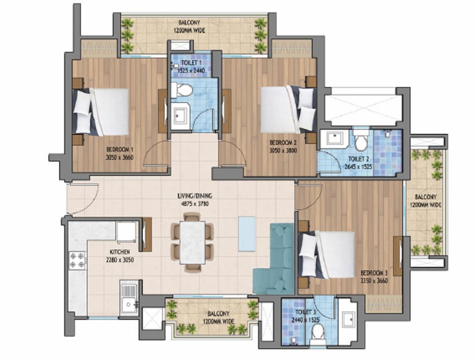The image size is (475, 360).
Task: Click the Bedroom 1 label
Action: [x=119, y=150]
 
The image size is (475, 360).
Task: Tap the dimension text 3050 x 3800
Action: [x=283, y=150]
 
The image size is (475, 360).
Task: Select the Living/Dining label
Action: [x=195, y=196]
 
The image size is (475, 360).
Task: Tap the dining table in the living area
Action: [x=193, y=242]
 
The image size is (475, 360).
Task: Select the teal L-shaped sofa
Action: [x=274, y=259]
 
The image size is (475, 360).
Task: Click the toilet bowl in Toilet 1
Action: [x=181, y=90]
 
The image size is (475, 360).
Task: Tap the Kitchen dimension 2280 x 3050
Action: [x=119, y=260]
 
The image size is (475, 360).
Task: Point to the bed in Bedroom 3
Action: [x=327, y=255]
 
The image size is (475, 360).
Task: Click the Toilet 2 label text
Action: [x=358, y=159]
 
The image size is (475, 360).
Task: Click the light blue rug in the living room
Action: [x=246, y=233]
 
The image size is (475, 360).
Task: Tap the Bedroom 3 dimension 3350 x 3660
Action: [x=374, y=281]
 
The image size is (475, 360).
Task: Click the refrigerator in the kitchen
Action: [x=126, y=232]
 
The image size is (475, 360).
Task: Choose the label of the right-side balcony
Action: [x=426, y=201]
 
